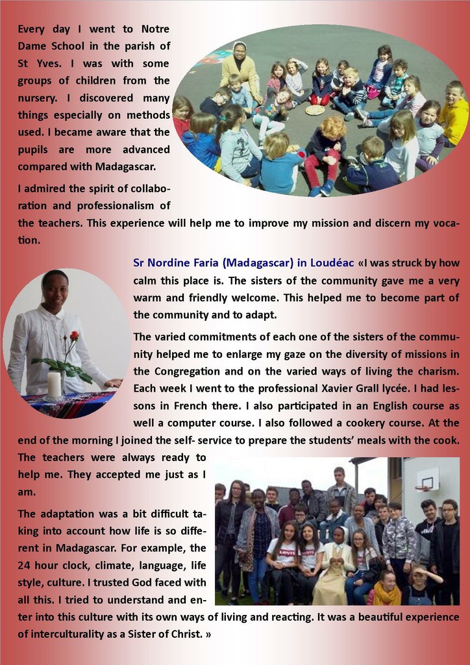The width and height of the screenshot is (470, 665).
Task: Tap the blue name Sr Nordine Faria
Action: pyautogui.click(x=173, y=263)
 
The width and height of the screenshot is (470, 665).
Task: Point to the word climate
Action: pyautogui.click(x=112, y=565)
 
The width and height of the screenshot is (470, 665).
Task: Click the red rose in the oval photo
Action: pyautogui.click(x=73, y=336)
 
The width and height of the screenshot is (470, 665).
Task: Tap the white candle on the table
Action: pyautogui.click(x=55, y=384)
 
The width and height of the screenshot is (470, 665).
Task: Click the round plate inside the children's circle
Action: pyautogui.click(x=315, y=110)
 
